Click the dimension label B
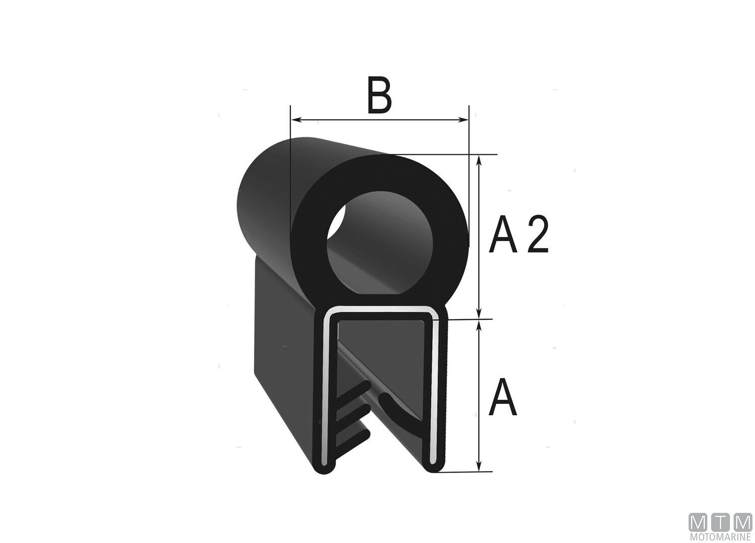tap(379, 96)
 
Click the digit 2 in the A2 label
tap(537, 234)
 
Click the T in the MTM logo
tap(721, 523)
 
